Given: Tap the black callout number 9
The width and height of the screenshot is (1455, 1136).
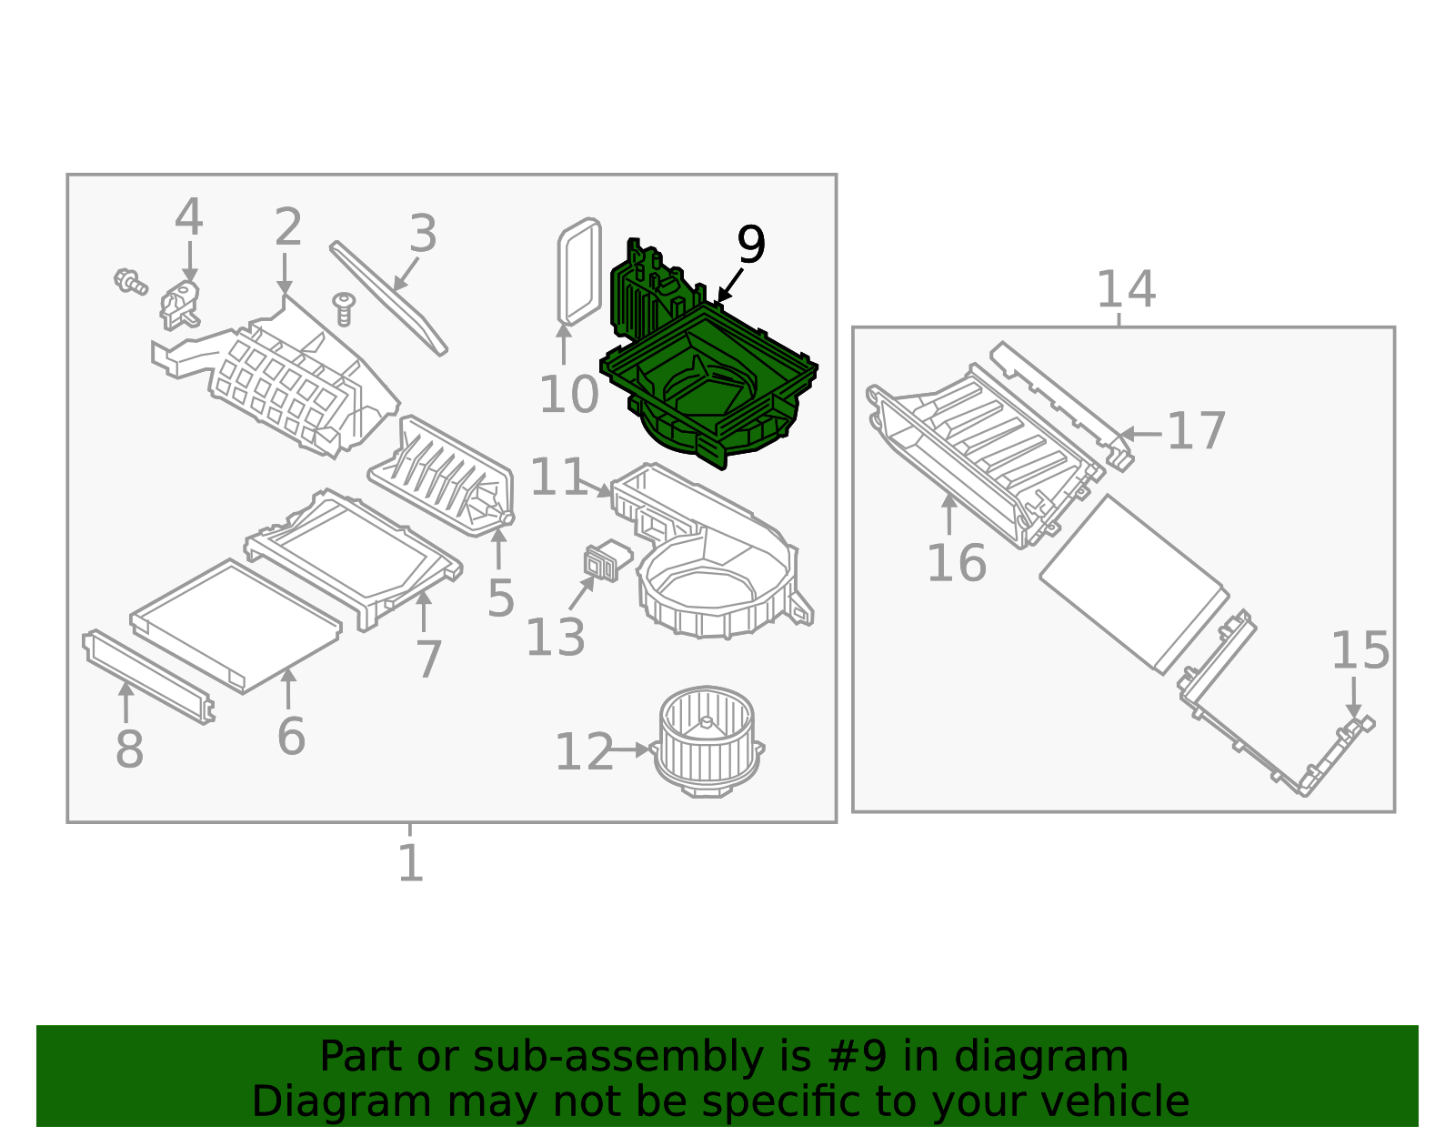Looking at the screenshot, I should pos(750,246).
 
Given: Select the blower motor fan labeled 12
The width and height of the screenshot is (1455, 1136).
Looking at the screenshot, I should pos(707,741).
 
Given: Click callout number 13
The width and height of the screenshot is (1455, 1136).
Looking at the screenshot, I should pos(555,638).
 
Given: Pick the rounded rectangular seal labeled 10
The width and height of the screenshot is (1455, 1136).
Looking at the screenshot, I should pos(579,270).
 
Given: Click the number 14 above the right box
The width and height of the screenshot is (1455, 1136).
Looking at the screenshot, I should pos(1126,289).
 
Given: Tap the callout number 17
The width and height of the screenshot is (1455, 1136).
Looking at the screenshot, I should pos(1196,431).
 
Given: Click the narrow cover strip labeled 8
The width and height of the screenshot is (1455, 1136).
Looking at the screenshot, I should pos(148,676).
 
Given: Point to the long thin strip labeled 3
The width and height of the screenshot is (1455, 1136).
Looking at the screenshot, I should pos(388,297).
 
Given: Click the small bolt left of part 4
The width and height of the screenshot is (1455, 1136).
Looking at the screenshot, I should pos(130,281).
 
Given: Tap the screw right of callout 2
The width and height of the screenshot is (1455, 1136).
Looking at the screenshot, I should pos(344,307).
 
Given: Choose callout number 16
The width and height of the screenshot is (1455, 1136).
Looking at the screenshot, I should pos(956,563).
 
